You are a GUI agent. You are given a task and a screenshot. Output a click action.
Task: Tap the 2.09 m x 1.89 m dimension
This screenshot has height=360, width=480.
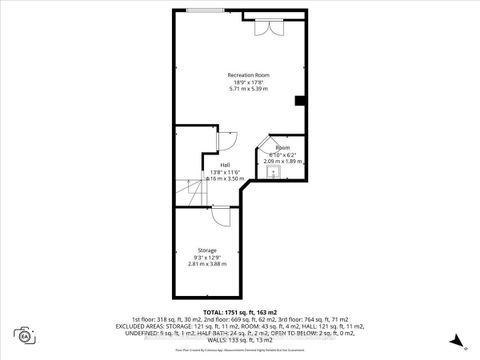[282, 161]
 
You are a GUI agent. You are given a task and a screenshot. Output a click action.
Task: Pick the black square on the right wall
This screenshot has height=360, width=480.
[299, 100]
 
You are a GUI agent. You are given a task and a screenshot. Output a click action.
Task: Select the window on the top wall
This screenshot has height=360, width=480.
[198, 10]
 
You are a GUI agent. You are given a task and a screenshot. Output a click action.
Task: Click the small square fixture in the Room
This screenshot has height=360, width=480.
[271, 171]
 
